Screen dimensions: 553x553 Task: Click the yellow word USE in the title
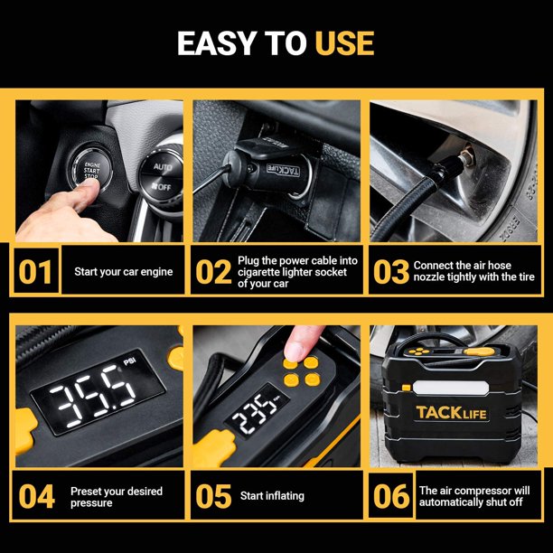(344, 43)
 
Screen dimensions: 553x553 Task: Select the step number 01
(35, 272)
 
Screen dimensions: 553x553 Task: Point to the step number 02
(213, 272)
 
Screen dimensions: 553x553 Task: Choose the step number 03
(391, 272)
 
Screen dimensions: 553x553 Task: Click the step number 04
(37, 496)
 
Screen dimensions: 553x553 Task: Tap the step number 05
(213, 496)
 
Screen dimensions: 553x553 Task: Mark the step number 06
(391, 496)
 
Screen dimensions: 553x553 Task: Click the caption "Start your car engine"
(124, 272)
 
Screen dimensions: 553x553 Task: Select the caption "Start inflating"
(272, 496)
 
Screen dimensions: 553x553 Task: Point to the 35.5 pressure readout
(92, 396)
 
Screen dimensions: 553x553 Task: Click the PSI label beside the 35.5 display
(130, 361)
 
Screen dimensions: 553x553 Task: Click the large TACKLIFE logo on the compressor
(452, 413)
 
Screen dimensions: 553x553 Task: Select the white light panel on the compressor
(451, 388)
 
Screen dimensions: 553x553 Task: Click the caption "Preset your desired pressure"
(117, 497)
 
